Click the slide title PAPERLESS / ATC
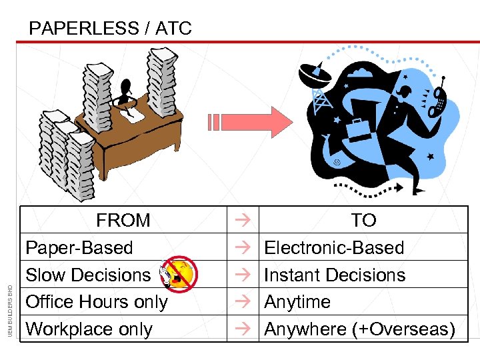[111, 29]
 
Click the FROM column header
[123, 220]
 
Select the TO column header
[363, 220]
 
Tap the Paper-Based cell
[79, 247]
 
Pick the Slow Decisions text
[88, 275]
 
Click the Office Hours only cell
[97, 302]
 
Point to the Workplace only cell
[89, 329]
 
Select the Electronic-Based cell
[334, 247]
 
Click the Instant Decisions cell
[335, 275]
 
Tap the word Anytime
[297, 302]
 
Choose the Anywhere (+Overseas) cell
[359, 329]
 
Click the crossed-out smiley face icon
[179, 274]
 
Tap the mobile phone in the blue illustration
[438, 100]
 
